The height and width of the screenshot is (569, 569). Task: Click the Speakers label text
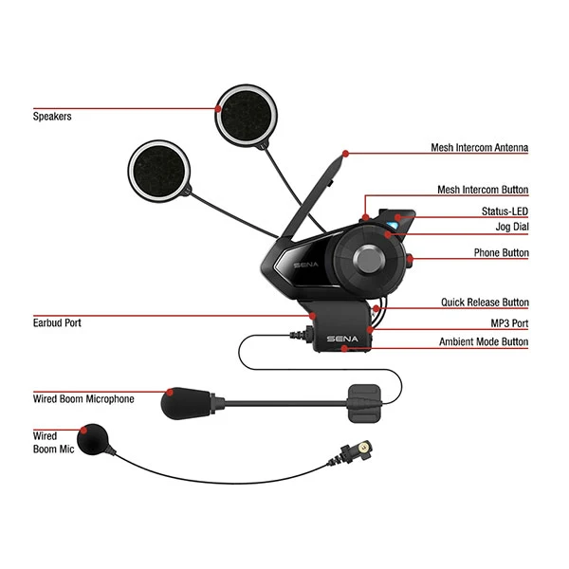52,117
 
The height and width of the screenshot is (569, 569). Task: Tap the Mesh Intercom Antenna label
479,147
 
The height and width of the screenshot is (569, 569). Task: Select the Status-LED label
505,211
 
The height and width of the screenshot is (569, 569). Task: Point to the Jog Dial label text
512,227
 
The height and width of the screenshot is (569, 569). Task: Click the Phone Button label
501,252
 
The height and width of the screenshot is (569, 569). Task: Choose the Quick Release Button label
485,303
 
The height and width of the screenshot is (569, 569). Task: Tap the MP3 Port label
509,323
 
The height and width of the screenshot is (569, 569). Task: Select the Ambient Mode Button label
484,341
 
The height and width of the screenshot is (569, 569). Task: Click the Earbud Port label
57,323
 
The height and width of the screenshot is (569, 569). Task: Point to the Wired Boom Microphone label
83,399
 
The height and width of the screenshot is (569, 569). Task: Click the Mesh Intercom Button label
483,190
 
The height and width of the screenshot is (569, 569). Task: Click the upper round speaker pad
246,116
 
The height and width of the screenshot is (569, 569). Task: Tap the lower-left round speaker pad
159,171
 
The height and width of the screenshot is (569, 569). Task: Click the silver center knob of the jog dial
369,260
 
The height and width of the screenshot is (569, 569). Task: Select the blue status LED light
392,226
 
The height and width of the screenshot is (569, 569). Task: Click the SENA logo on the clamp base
342,339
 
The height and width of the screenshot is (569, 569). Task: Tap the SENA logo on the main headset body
306,265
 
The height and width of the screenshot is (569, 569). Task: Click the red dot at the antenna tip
345,154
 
